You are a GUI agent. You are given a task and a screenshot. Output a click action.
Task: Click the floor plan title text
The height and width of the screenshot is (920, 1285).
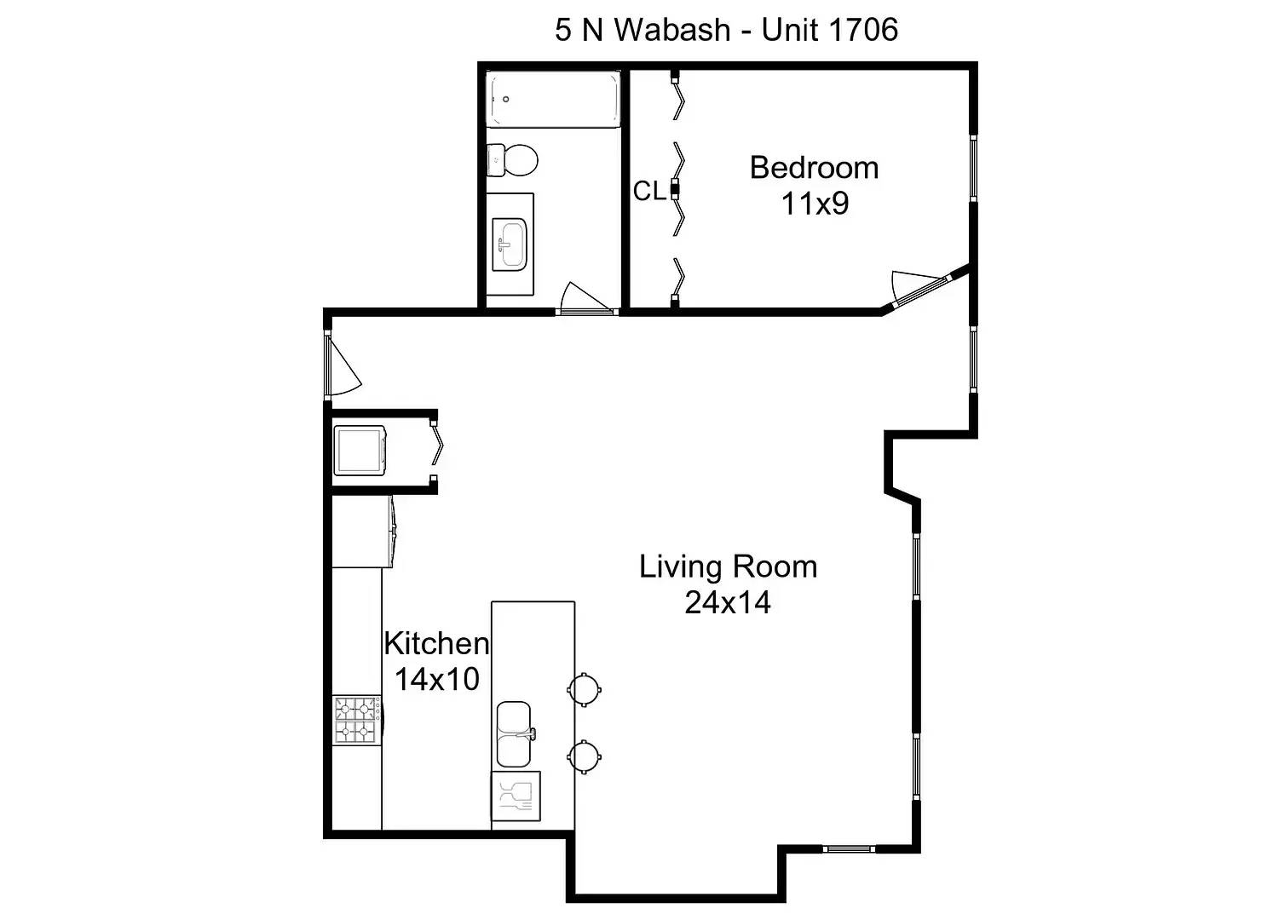[x=726, y=30]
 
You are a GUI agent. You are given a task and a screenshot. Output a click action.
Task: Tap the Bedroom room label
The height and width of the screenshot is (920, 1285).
[x=814, y=168]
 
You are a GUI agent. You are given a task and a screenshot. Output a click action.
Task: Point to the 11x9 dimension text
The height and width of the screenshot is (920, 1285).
[x=815, y=203]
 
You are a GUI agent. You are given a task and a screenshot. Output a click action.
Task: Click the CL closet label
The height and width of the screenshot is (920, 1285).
[x=649, y=191]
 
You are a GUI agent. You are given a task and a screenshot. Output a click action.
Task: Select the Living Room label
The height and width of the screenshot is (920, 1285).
[x=728, y=566]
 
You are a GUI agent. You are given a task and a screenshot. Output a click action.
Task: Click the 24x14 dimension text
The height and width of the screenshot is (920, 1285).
[x=728, y=602]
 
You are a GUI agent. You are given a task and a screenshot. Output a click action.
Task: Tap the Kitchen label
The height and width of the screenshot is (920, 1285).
[x=436, y=643]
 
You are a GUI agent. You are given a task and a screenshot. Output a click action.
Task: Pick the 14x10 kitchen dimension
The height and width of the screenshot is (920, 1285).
[x=437, y=679]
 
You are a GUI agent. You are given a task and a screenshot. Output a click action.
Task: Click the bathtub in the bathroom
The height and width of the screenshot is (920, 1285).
[x=553, y=99]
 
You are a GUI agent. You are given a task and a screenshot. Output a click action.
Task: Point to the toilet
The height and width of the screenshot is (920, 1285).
[x=512, y=159]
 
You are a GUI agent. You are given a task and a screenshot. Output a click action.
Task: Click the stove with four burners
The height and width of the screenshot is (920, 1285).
[x=357, y=720]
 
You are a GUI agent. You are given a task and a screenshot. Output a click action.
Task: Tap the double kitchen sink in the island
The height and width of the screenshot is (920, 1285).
[x=516, y=733]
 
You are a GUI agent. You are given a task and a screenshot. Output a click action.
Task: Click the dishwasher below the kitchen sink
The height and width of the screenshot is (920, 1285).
[x=516, y=796]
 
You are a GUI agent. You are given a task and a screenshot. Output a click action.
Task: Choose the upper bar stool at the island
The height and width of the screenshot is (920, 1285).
[x=584, y=689]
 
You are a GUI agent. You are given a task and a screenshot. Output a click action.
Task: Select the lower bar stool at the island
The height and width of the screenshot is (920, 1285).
[x=584, y=756]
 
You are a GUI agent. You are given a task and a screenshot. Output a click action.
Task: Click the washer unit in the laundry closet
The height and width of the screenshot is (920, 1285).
[x=360, y=451]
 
